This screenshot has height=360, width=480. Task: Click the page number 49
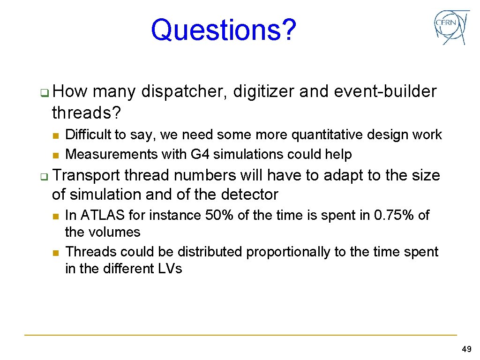click(466, 349)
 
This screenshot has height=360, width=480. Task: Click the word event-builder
click(385, 92)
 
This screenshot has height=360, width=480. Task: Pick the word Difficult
click(89, 135)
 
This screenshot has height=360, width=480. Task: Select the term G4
click(205, 154)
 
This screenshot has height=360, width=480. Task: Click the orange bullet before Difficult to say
click(55, 135)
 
